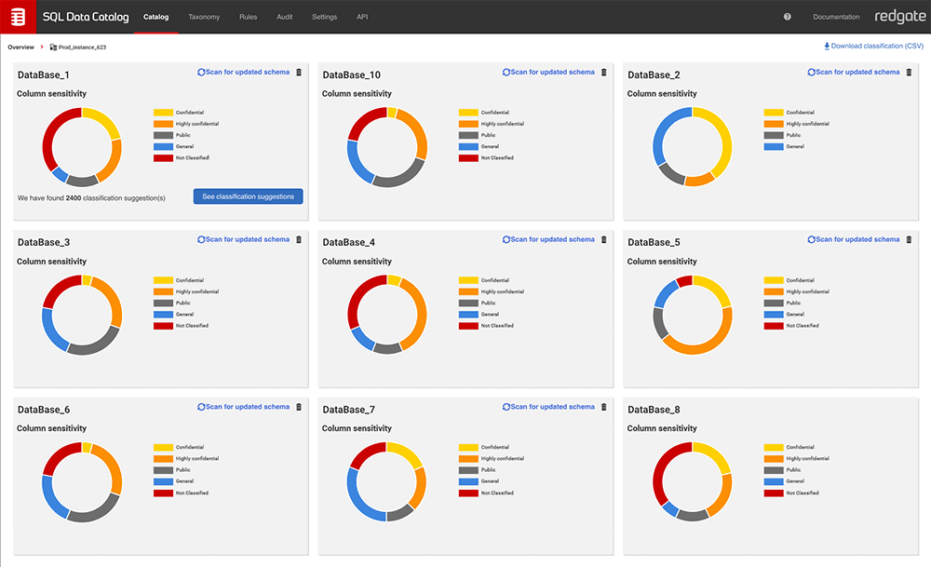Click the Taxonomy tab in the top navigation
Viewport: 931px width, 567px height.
pos(204,17)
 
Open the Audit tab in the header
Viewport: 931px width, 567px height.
pos(285,17)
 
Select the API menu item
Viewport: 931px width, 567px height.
pos(362,17)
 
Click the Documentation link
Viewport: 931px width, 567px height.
pos(836,17)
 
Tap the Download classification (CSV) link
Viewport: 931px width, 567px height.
pos(873,46)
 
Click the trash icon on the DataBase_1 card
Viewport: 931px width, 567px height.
pos(299,72)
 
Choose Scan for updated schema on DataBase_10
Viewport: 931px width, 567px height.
pos(548,72)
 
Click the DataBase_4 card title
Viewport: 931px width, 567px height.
pos(349,242)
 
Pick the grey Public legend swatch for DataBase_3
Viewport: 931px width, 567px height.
pos(163,303)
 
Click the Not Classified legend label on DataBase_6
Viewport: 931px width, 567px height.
pos(192,493)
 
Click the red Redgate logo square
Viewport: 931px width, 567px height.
pos(18,17)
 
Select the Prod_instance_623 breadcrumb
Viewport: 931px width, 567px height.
pos(81,47)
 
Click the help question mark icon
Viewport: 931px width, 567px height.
pos(788,17)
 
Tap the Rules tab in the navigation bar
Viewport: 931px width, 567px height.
pos(248,17)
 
